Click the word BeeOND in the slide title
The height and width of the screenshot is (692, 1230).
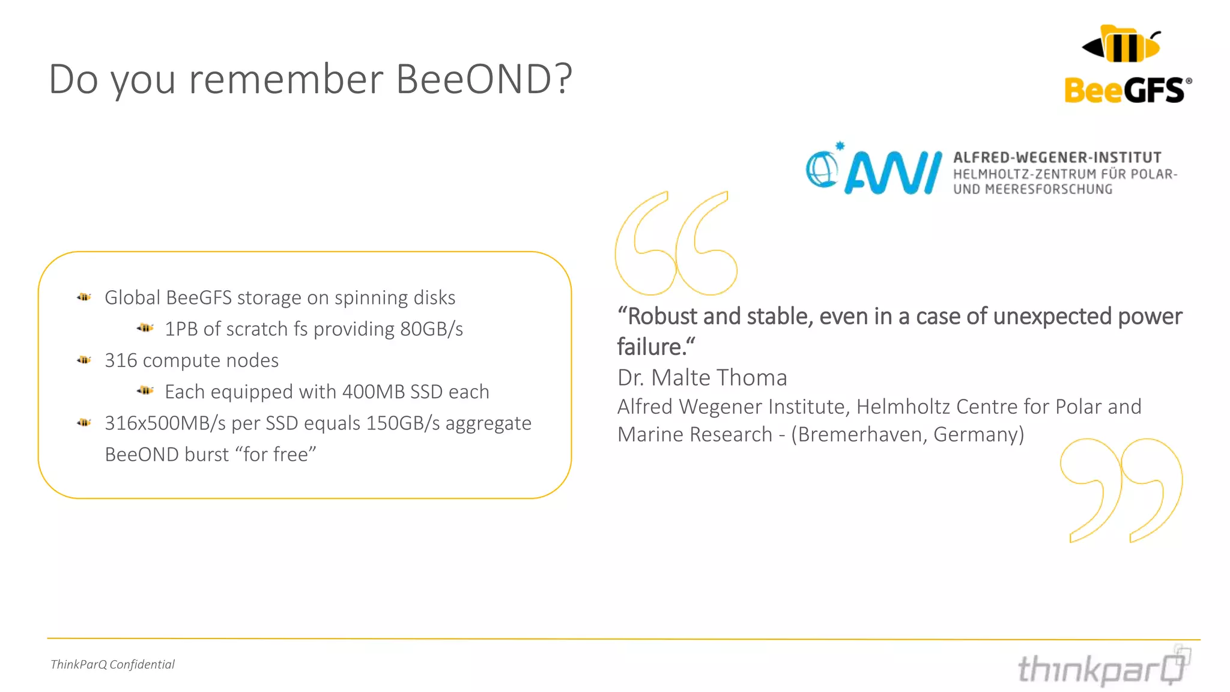pyautogui.click(x=474, y=79)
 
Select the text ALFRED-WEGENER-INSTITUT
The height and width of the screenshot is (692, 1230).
pyautogui.click(x=1057, y=157)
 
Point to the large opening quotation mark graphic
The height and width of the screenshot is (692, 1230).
pyautogui.click(x=675, y=243)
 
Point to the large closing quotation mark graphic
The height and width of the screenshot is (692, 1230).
pyautogui.click(x=1121, y=490)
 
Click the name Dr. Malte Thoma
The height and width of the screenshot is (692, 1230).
pyautogui.click(x=702, y=378)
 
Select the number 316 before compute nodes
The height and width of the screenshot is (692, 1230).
pyautogui.click(x=121, y=360)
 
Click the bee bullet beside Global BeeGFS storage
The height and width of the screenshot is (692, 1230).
pyautogui.click(x=83, y=297)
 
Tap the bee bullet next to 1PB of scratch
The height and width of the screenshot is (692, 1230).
pyautogui.click(x=145, y=328)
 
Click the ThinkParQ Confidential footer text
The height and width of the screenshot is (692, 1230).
pyautogui.click(x=112, y=664)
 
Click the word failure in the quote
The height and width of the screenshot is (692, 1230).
pyautogui.click(x=649, y=347)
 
